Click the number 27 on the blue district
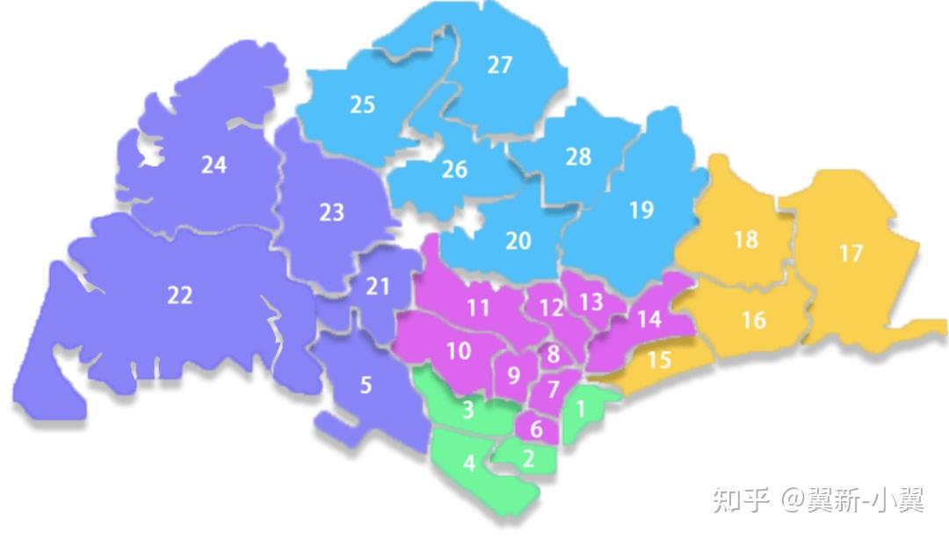point(499,65)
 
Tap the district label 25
point(362,105)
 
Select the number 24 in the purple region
point(214,164)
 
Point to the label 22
point(179,295)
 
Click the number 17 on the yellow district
point(851,254)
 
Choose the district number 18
point(745,239)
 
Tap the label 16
point(753,320)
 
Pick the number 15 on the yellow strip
point(658,360)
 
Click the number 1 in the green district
point(580,409)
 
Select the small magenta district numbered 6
point(537,430)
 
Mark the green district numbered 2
point(528,458)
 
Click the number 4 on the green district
point(469,463)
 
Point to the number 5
point(366,385)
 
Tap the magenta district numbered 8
point(553,354)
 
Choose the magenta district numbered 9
point(513,375)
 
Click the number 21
point(377,286)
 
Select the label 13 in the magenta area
point(590,302)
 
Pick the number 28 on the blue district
point(578,157)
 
